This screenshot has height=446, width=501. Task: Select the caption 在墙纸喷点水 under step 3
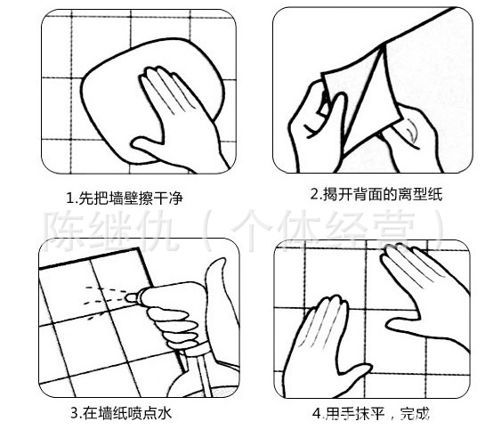132,413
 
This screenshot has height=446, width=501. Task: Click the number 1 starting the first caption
70,198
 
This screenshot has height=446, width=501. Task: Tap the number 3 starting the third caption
74,413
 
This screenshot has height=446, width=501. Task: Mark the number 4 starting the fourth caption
315,414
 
